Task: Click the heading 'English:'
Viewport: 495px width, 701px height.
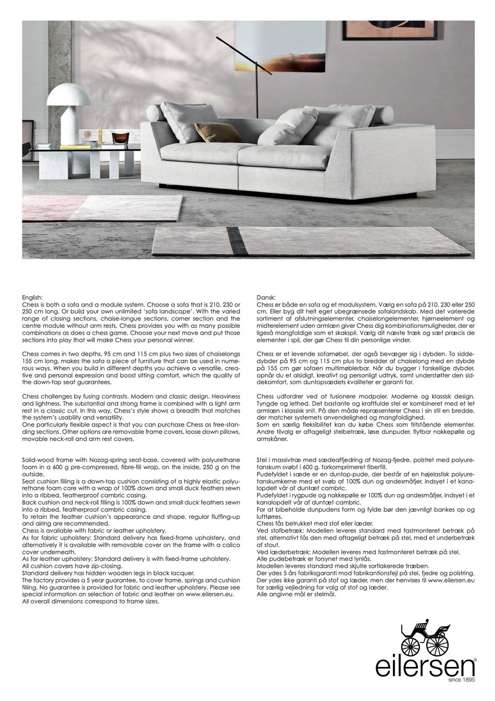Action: click(x=32, y=298)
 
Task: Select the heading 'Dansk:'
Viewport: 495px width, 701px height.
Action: click(x=266, y=298)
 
